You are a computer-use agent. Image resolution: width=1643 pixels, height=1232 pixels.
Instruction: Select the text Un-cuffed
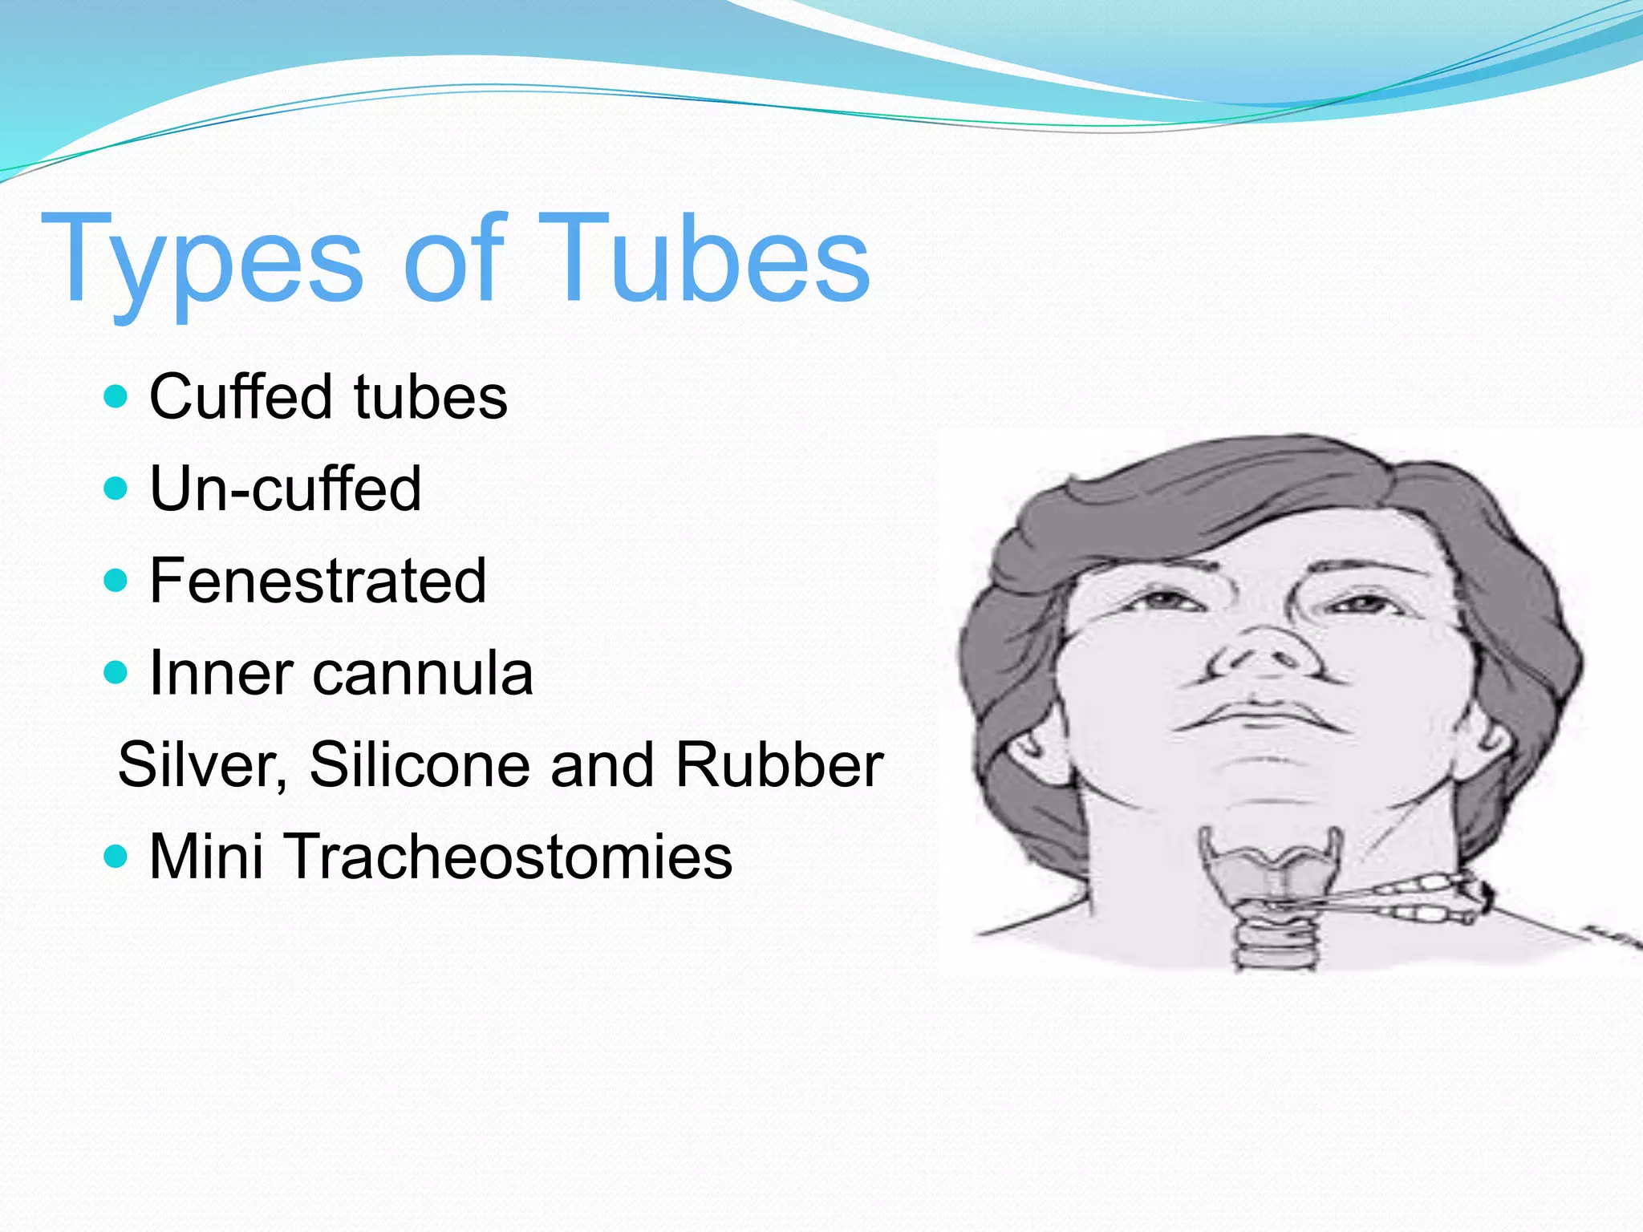(285, 488)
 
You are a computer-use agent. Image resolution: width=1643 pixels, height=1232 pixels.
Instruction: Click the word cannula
(423, 673)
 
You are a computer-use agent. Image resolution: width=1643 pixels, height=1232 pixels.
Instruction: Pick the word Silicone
(420, 764)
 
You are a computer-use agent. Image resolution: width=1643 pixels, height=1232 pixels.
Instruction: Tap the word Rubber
(778, 764)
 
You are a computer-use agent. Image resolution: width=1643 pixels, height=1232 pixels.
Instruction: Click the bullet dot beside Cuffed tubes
(116, 396)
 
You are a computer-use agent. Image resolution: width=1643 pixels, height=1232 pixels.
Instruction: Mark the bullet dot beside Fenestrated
(116, 580)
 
